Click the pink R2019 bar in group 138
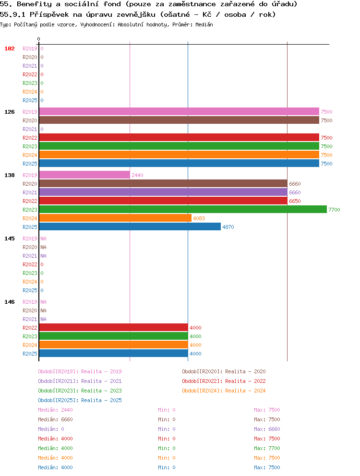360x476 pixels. (84, 175)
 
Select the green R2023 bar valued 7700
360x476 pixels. (183, 210)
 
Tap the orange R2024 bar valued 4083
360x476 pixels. (115, 218)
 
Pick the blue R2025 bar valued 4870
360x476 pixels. (130, 227)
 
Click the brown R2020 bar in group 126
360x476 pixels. (179, 120)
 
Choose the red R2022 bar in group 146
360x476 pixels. (114, 328)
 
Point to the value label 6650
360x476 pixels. (295, 201)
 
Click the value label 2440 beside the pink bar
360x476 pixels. (137, 175)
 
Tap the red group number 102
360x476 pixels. (10, 48)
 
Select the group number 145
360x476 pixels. (10, 238)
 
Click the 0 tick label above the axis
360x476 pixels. (38, 39)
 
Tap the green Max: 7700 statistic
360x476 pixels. (267, 448)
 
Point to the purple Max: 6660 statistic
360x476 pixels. (267, 429)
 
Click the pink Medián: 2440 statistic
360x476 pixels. (55, 410)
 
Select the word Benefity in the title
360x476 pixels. (35, 4)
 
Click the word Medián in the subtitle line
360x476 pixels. (204, 24)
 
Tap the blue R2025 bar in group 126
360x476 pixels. (179, 163)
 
